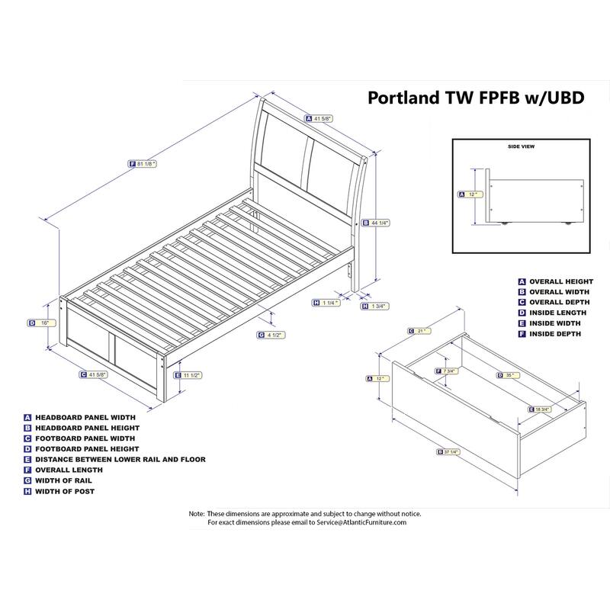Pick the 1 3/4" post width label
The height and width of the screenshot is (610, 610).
374,306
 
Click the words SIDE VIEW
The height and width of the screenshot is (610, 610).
522,145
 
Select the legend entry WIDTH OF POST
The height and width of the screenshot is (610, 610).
69,492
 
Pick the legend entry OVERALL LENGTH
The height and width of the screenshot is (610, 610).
73,470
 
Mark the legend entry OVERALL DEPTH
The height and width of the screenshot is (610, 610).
561,302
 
